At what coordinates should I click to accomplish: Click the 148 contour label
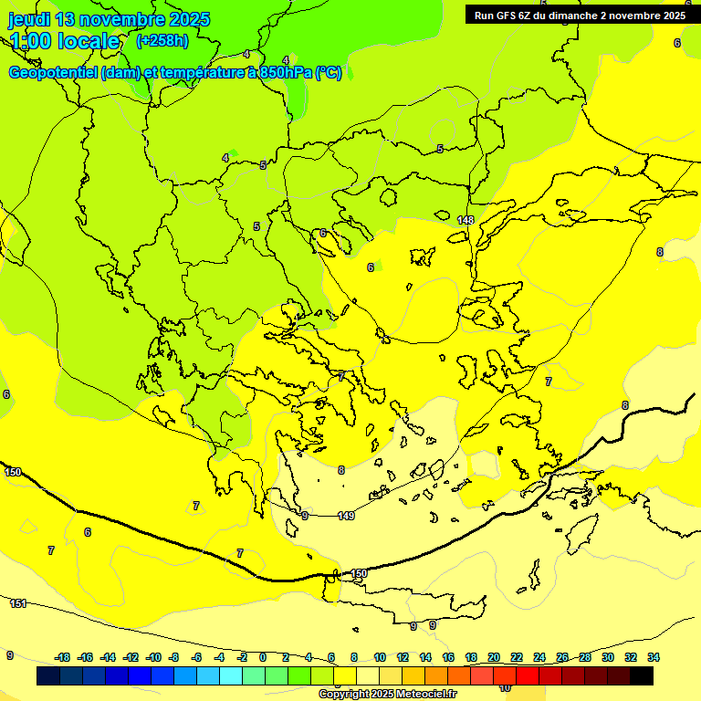466,220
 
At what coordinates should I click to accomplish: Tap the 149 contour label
346,516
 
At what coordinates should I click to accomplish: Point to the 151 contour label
18,603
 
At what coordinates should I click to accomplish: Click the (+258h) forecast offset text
162,40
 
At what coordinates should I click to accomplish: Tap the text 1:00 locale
64,41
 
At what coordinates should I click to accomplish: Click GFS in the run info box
507,16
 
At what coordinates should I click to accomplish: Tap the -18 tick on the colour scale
63,657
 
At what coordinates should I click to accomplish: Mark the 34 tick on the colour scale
654,657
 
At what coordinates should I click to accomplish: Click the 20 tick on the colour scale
494,657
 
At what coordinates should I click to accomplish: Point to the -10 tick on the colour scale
153,657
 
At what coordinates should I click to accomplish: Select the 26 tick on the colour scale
562,657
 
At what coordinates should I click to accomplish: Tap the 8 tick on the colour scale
354,657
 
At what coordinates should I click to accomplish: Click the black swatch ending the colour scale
642,675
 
